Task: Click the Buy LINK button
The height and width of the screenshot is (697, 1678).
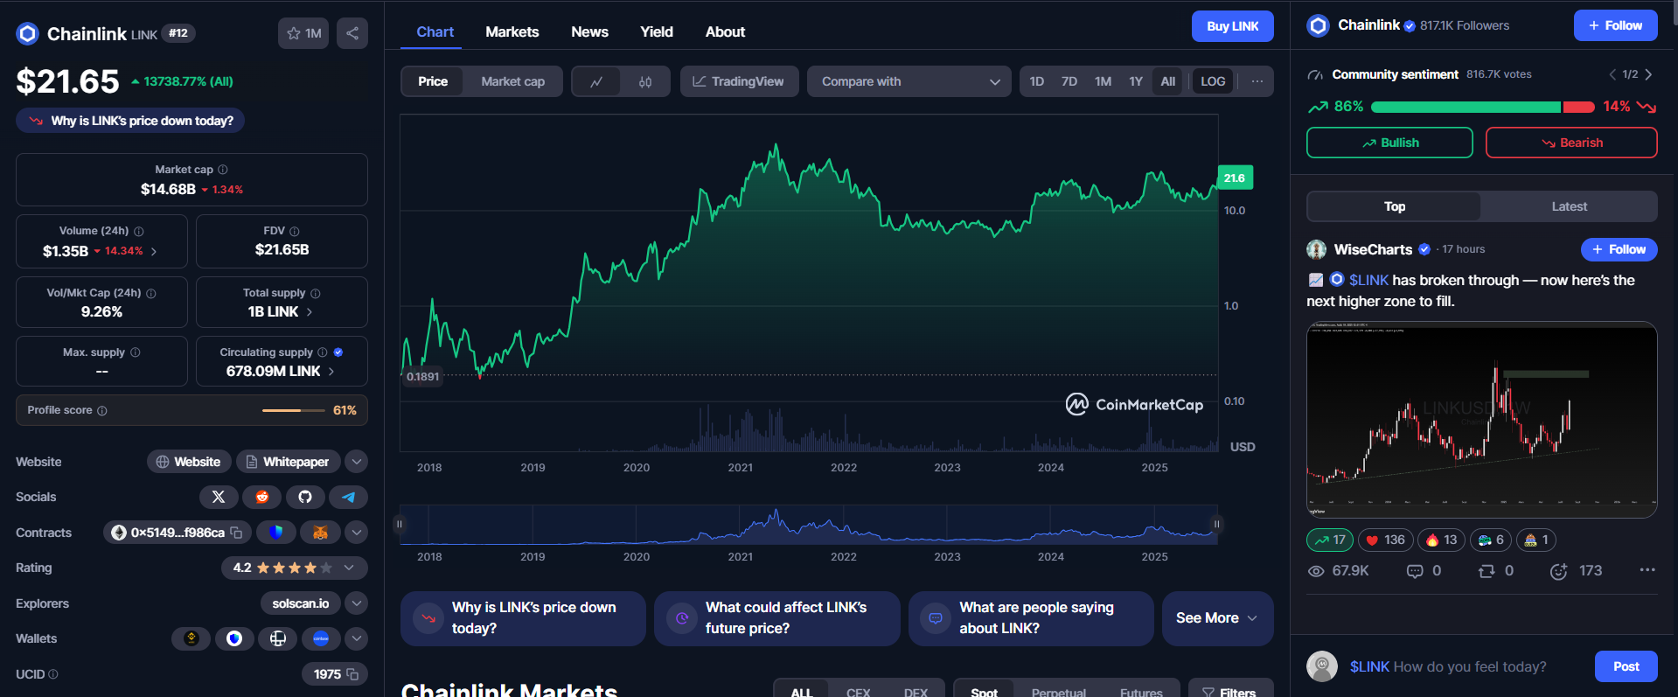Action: coord(1232,26)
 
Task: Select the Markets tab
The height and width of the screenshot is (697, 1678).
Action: coord(512,31)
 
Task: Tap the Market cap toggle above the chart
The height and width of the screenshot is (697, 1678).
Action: coord(512,81)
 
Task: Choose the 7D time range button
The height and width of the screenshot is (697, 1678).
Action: coord(1069,81)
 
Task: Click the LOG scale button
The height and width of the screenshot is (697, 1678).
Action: coord(1212,81)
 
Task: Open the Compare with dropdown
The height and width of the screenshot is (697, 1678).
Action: coord(909,81)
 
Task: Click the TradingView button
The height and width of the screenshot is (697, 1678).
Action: coord(739,81)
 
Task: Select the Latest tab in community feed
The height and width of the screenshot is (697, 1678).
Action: coord(1569,206)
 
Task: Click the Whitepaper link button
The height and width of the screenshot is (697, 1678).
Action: coord(288,462)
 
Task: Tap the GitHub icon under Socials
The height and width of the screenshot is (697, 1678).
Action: coord(305,497)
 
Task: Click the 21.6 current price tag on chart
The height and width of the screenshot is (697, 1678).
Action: coord(1235,178)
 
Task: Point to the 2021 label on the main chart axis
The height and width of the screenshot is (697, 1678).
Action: coord(740,468)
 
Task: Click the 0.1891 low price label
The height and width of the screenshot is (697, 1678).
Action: coord(422,377)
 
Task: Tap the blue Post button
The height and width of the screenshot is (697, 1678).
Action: coord(1626,666)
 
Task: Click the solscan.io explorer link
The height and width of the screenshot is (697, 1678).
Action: coord(300,603)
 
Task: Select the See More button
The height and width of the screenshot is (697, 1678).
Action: coord(1216,617)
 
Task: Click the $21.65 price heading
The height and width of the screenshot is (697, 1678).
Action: coord(67,81)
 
